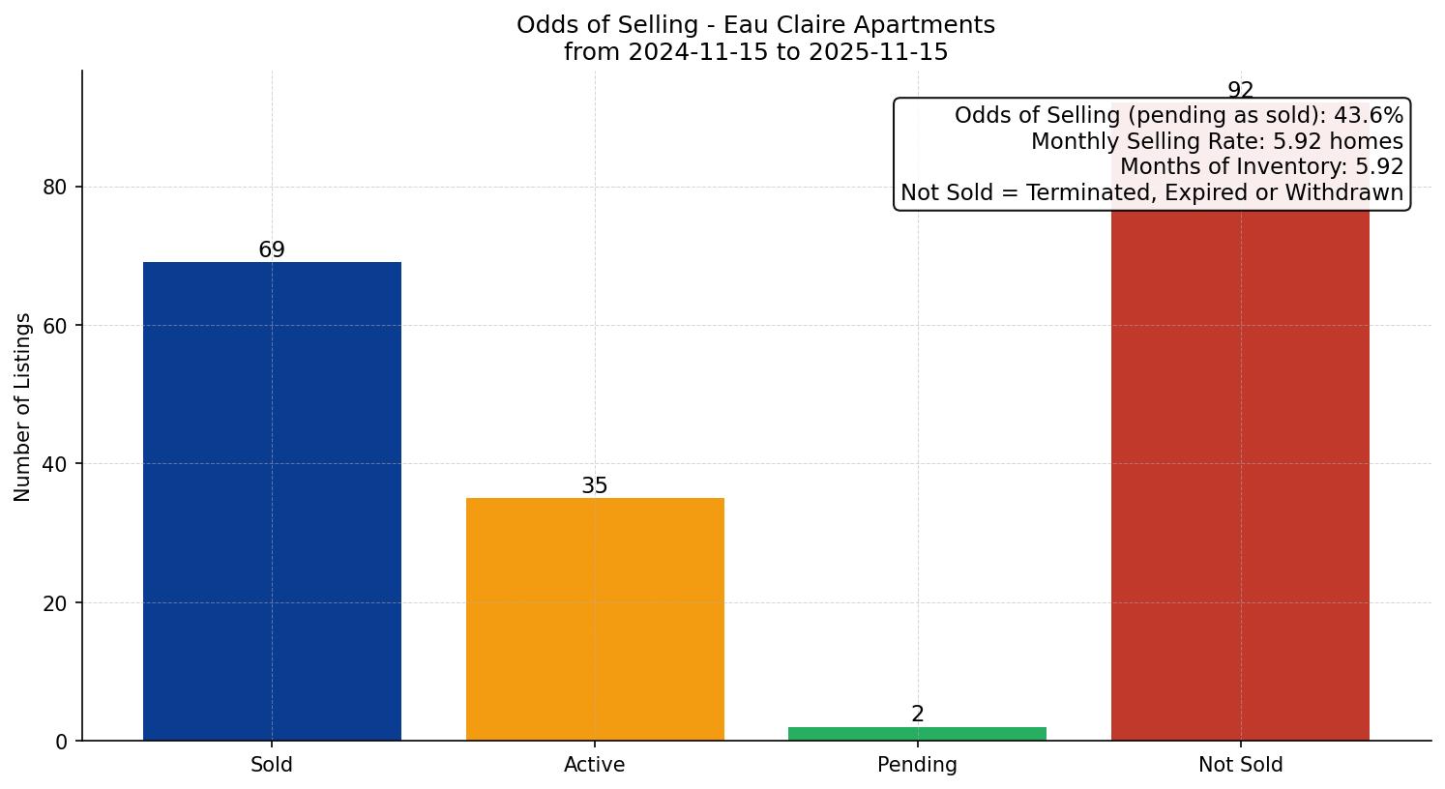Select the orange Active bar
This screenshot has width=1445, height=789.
595,619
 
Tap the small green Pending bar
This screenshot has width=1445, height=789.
917,734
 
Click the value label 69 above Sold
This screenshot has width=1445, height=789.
272,250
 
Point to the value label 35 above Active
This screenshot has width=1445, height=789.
595,486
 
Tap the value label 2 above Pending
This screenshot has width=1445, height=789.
917,715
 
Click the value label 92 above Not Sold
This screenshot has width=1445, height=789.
1240,90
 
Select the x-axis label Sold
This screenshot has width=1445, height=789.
272,765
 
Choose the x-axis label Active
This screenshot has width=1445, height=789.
595,765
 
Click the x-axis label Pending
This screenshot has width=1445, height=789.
917,765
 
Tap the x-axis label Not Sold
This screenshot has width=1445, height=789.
1240,765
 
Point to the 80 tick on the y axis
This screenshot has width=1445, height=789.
55,188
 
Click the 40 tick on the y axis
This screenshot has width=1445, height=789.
55,464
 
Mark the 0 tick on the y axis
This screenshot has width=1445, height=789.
62,742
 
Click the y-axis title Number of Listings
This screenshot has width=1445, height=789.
23,407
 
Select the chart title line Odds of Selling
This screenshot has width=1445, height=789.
755,25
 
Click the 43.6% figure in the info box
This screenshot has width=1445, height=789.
1368,116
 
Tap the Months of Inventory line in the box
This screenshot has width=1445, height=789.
1261,167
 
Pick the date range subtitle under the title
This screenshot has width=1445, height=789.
755,52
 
